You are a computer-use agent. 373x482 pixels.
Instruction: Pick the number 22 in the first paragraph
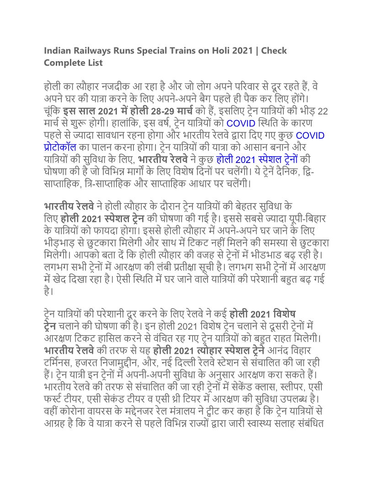click(x=323, y=111)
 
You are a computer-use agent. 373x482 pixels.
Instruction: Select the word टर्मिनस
click(x=57, y=362)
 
